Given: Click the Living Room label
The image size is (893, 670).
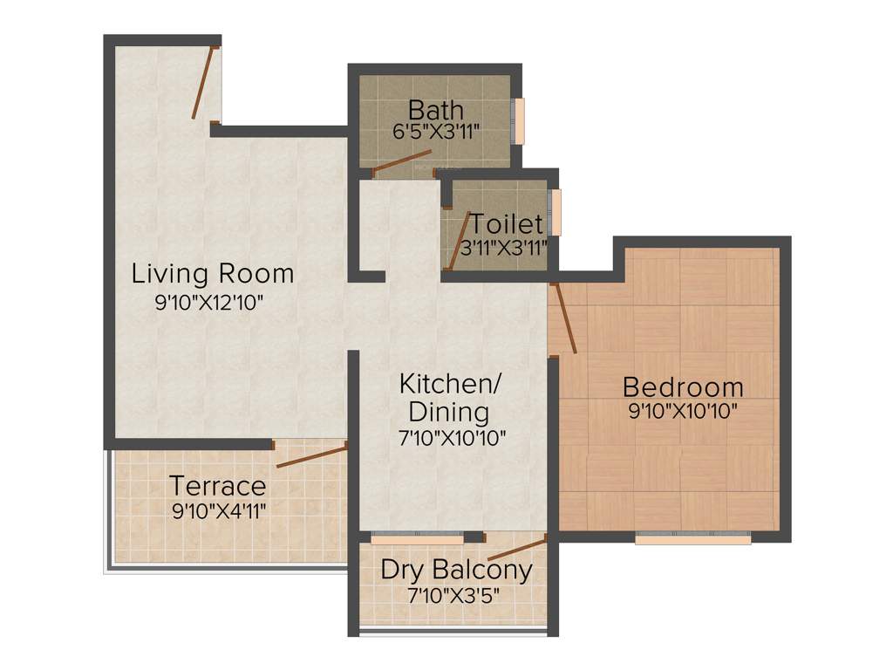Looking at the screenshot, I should pos(212,274).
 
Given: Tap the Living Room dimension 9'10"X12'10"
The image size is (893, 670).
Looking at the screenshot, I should pos(208,303).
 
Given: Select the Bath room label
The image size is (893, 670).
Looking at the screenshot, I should pos(436,111).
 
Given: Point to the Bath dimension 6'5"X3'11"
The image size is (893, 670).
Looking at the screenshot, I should pos(436,133).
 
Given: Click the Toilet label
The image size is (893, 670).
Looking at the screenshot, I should pos(507,224).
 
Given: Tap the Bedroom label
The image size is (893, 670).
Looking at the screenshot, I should pos(683,386).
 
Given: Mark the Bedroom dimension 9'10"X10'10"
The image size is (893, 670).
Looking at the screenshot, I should pos(683,410).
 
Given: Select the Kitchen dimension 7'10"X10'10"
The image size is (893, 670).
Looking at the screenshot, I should pos(452,438).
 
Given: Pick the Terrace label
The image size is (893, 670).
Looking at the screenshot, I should pos(217,485).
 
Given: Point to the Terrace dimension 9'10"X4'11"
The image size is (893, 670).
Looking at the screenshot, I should pos(219,509).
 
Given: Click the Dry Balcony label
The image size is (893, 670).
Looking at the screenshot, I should pos(456,571).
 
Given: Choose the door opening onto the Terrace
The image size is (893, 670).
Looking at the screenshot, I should pos(310,455).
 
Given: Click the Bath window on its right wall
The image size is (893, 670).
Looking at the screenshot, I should pos(519,120).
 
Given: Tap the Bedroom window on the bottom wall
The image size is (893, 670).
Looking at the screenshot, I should pos(692,539).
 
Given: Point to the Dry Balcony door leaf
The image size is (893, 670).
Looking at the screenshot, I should pos(516,550).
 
